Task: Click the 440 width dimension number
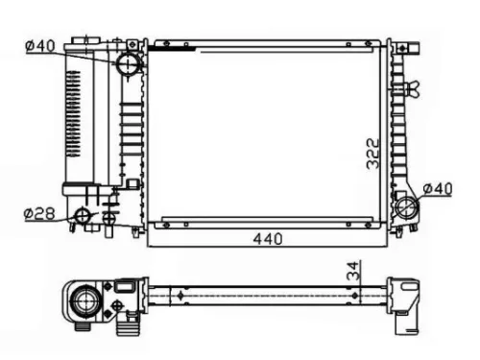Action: (x=267, y=238)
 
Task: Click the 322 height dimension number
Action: (x=373, y=154)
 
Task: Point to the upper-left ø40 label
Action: (x=40, y=45)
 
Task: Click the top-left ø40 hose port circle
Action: (x=128, y=64)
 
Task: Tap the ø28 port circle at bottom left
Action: (x=84, y=216)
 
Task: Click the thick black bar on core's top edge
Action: (x=173, y=45)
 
